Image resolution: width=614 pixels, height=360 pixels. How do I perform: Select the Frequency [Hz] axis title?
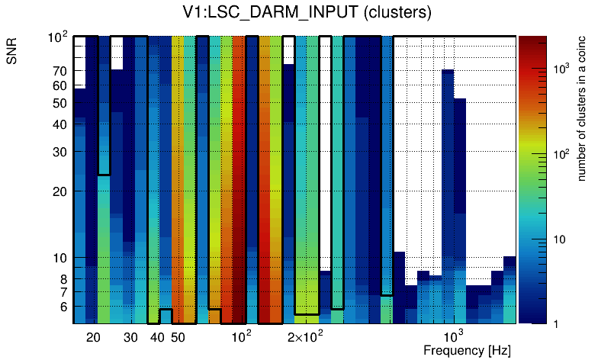click(466, 350)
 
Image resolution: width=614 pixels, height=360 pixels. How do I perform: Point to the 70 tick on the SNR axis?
click(60, 71)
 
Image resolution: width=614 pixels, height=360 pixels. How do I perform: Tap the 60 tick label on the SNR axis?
click(60, 85)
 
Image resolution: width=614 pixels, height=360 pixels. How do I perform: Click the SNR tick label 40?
click(60, 124)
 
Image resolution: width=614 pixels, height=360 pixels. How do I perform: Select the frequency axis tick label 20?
click(93, 337)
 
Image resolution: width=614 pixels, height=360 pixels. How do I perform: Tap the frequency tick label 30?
click(130, 337)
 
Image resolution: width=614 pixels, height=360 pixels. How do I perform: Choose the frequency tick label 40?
click(157, 337)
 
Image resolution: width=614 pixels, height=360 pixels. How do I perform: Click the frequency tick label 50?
click(178, 337)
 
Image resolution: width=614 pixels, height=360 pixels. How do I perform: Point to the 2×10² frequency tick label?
click(305, 336)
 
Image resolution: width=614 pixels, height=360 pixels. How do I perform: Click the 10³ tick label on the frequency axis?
click(454, 336)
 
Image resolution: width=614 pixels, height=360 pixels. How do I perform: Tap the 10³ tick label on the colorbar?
click(561, 69)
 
